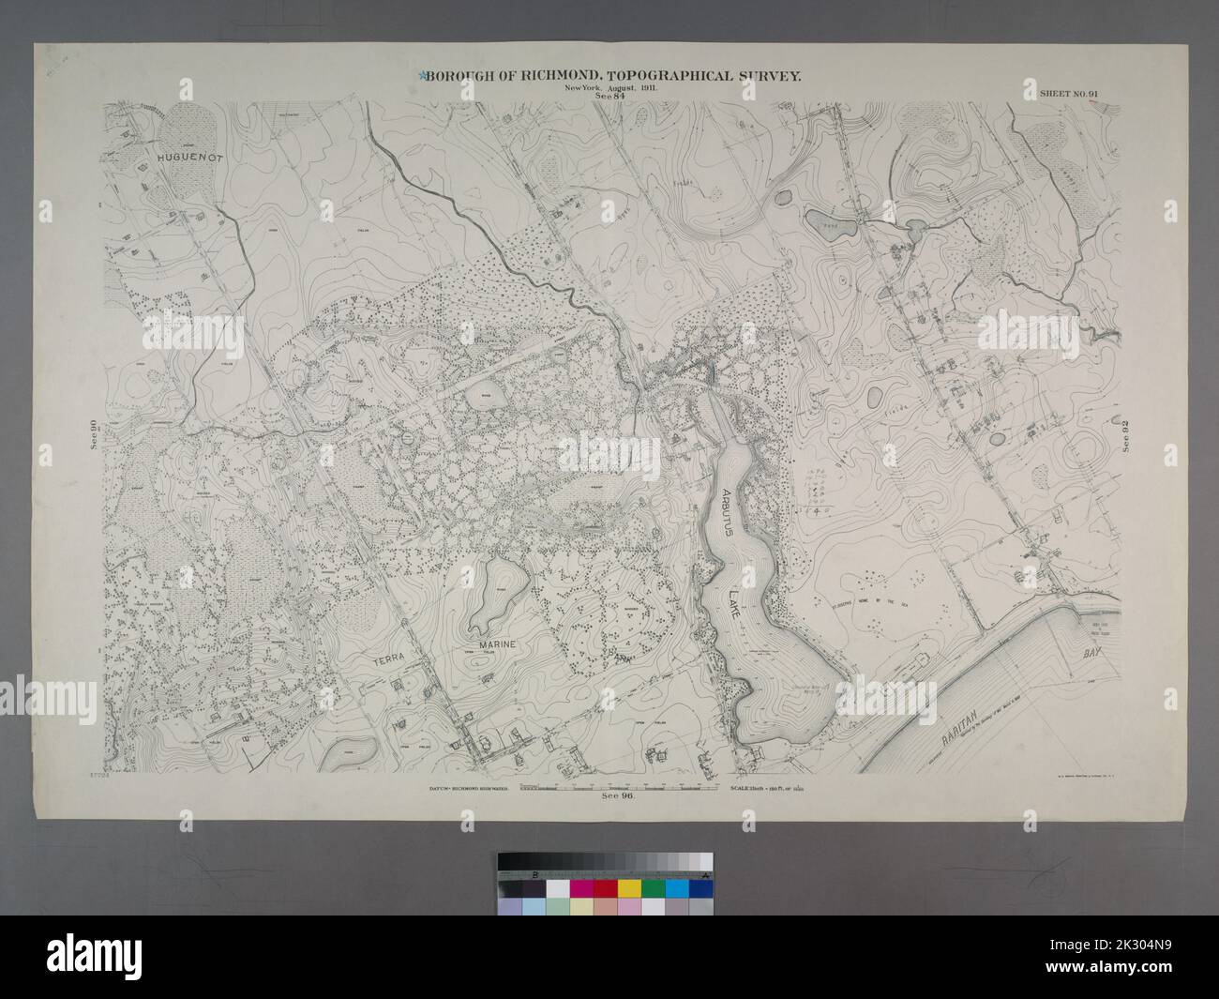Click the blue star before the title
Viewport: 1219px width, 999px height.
425,76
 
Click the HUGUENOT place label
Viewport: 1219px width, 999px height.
188,159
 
